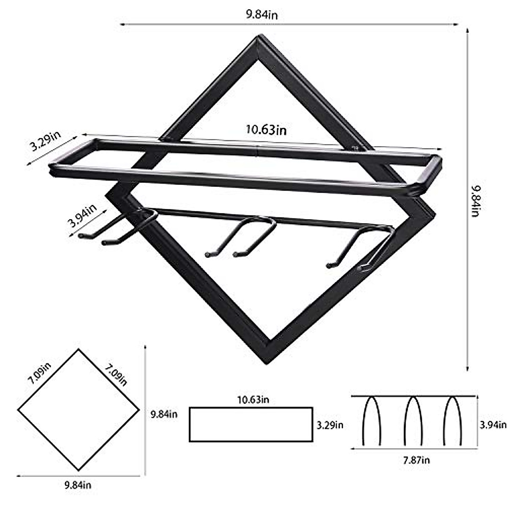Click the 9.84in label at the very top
coord(262,16)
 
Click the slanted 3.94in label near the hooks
coord(83,215)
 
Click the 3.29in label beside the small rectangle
coord(330,425)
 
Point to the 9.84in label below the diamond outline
coord(78,485)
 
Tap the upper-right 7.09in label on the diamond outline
coord(116,374)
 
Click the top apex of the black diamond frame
coord(258,38)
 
